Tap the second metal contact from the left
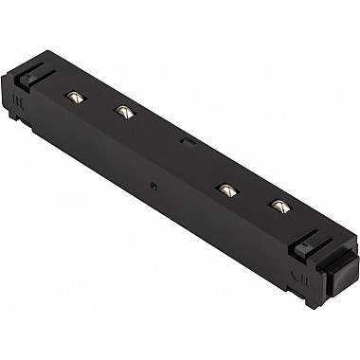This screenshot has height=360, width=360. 121,112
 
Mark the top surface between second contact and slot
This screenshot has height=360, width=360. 153,126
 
